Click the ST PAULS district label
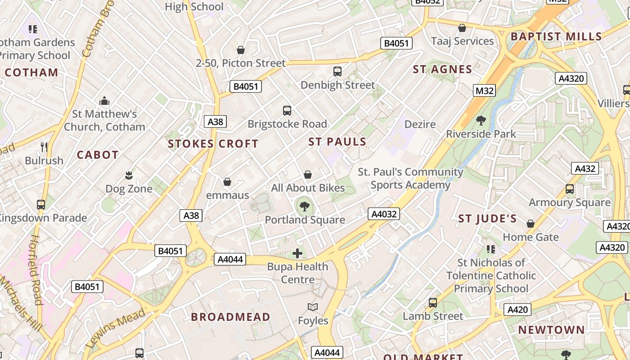(337, 142)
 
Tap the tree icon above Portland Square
(305, 207)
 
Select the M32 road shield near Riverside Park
(484, 90)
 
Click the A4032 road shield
(384, 214)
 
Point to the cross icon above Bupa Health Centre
(297, 253)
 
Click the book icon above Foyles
(313, 307)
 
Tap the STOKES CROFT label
(213, 144)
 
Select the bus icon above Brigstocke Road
(287, 110)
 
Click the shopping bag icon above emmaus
(227, 182)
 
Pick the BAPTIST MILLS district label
(556, 36)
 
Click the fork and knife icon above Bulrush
(44, 147)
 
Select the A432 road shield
(585, 169)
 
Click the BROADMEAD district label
(230, 316)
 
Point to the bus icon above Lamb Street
(432, 302)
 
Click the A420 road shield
(517, 310)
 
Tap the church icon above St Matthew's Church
(104, 100)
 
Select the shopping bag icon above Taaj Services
(462, 28)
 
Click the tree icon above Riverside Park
(481, 120)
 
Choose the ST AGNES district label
(442, 69)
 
